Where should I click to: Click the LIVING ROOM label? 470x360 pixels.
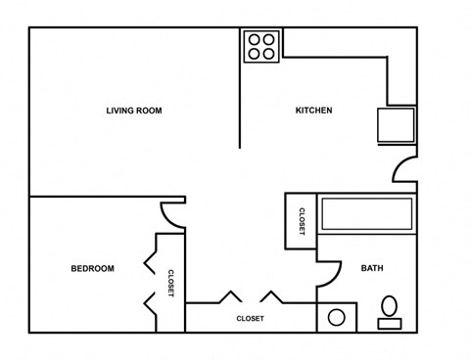[134, 111]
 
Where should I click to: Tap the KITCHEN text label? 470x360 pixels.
[313, 111]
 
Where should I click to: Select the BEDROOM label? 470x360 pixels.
[92, 269]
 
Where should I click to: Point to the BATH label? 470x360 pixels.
[372, 269]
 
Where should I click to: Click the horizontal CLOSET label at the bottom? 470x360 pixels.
[250, 319]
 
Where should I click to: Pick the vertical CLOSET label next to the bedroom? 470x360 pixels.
[170, 283]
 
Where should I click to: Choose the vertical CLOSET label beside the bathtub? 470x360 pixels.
[301, 221]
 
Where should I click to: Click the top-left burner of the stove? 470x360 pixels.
[254, 39]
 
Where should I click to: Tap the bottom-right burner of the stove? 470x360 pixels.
[270, 54]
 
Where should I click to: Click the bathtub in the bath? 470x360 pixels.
[367, 214]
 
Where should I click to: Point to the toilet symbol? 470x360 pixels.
[389, 310]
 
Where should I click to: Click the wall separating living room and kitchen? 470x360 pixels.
[241, 88]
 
